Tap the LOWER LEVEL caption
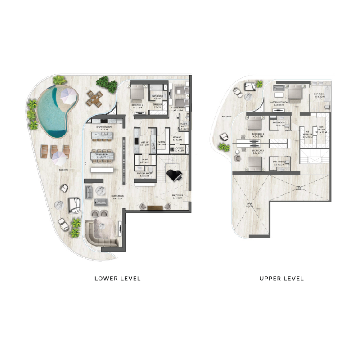[117, 278]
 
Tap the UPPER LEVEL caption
[281, 278]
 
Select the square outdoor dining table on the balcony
[94, 98]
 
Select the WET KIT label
[144, 143]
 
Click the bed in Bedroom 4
[136, 93]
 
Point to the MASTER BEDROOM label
[279, 103]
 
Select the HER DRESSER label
[320, 130]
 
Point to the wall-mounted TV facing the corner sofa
[120, 228]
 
